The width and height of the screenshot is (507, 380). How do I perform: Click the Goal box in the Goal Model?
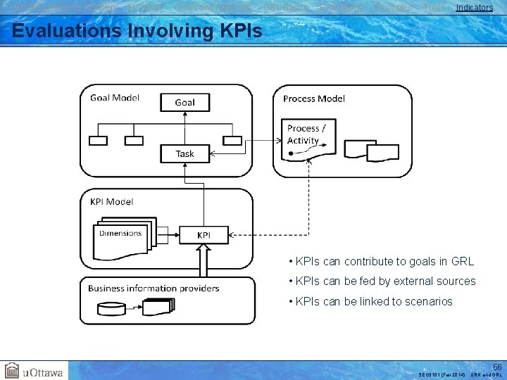tap(184, 102)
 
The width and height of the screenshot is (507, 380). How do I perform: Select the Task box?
tap(184, 153)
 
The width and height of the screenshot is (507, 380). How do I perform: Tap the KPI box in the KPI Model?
tap(203, 235)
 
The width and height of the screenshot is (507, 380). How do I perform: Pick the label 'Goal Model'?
tap(115, 98)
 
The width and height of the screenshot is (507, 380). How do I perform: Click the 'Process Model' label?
tap(313, 99)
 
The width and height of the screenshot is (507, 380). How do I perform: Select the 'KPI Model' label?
tap(111, 201)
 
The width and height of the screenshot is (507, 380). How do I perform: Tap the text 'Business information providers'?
tap(153, 288)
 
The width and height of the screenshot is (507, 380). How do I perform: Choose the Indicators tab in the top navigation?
tap(474, 8)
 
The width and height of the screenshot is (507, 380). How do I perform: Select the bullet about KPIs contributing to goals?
tap(381, 262)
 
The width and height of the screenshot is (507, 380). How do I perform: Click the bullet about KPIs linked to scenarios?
tap(370, 302)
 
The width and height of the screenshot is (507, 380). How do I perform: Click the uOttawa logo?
tap(34, 370)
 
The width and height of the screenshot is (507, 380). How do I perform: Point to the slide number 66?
tap(497, 367)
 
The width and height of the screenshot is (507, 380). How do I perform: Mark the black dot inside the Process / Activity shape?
tap(291, 152)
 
